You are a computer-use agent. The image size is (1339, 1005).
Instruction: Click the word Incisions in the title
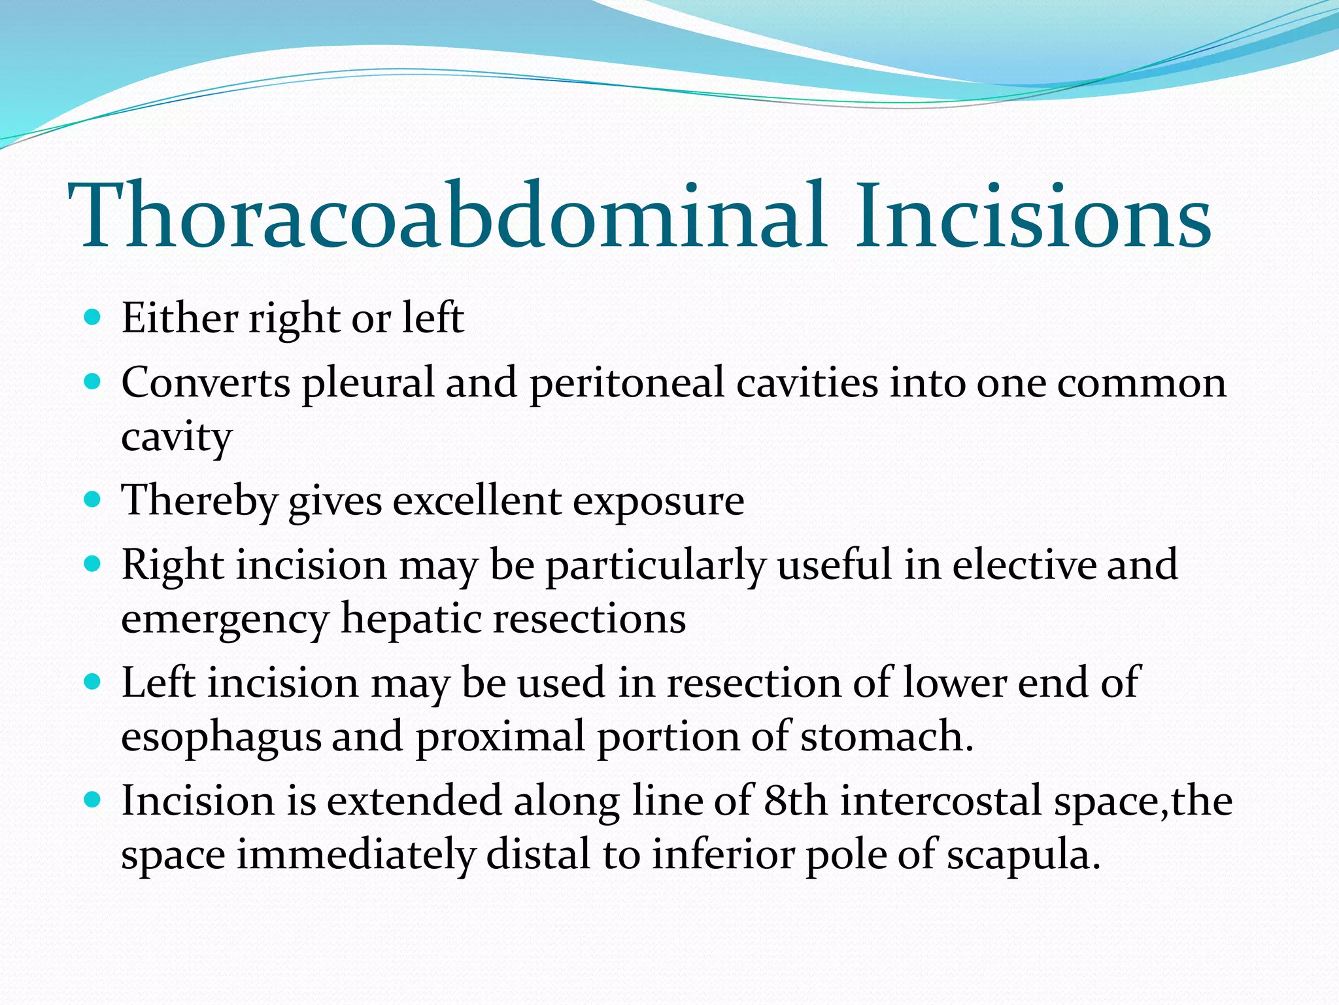coord(1033,216)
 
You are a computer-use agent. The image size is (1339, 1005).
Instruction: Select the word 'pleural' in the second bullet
coord(367,383)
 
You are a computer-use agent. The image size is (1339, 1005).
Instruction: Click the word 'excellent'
coord(477,501)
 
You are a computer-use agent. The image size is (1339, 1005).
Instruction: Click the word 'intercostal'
coord(941,801)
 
